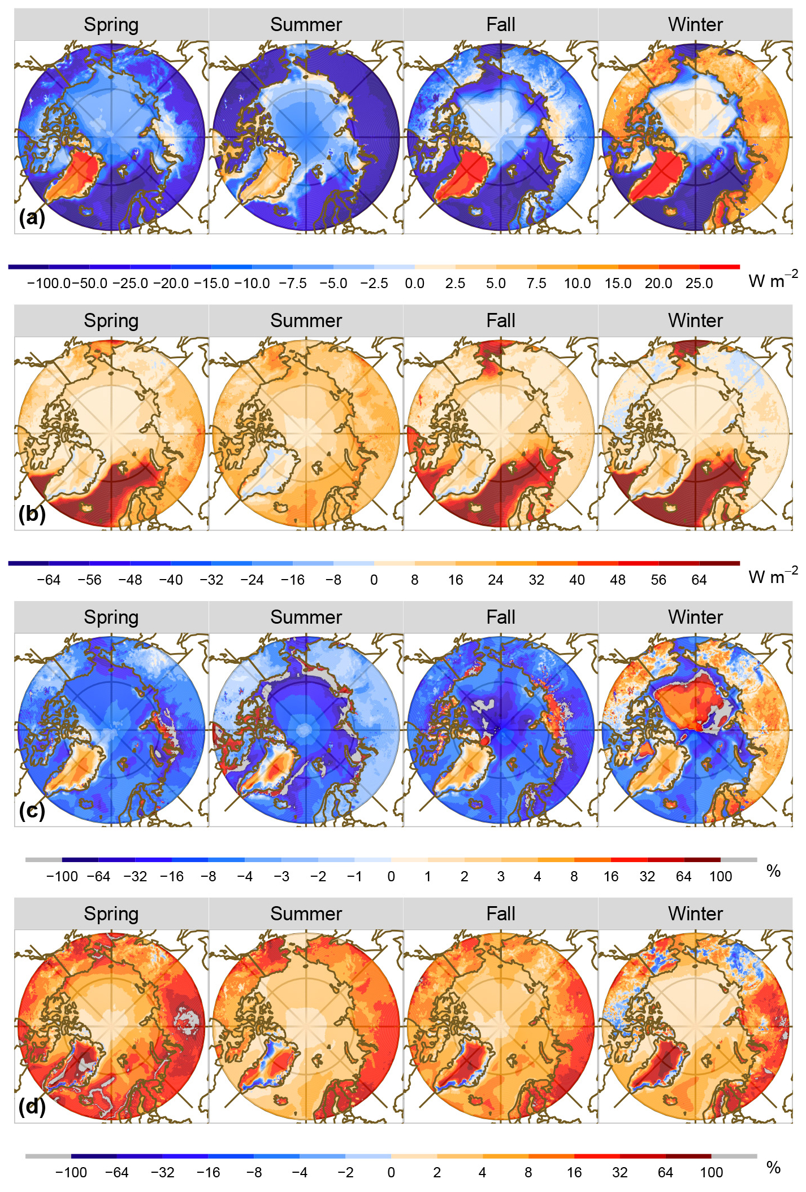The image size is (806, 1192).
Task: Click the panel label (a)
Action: (32, 217)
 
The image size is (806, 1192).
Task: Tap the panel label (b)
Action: (32, 514)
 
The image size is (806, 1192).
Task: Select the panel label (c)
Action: (32, 810)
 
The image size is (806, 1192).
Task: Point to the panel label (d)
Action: (32, 1107)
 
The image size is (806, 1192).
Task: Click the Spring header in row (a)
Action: (111, 25)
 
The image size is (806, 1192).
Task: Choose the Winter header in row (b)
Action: (695, 321)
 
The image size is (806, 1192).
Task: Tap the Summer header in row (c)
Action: (306, 617)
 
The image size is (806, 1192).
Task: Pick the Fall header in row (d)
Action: (501, 913)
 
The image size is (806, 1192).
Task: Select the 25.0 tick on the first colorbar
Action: (699, 284)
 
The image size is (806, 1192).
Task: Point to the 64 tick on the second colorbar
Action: (699, 580)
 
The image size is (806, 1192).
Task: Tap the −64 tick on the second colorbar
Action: (49, 580)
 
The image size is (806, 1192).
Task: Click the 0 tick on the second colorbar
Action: (374, 580)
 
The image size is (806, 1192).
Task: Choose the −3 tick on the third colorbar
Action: (281, 876)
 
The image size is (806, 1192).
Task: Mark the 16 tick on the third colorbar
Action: (611, 876)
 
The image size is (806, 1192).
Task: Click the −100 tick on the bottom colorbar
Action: (71, 1172)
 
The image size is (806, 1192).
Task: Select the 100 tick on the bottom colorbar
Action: (711, 1172)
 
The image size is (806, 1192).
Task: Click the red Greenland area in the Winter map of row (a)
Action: (661, 175)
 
